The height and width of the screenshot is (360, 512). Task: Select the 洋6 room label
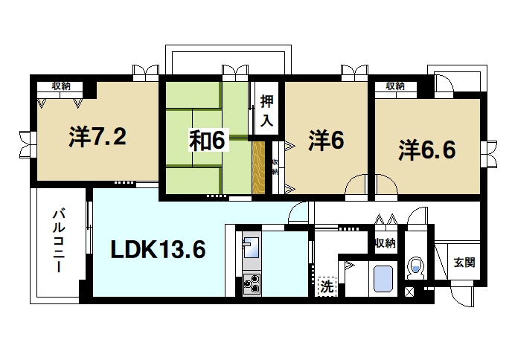(326, 141)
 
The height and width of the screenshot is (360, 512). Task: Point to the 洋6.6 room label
(426, 149)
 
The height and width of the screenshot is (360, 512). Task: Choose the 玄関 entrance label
(464, 263)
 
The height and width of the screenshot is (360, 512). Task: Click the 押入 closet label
(266, 109)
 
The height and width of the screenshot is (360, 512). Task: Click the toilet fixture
(415, 266)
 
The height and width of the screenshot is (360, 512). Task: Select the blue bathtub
(382, 279)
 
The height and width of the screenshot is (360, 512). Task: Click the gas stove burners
(251, 283)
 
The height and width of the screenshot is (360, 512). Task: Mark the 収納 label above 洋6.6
(395, 86)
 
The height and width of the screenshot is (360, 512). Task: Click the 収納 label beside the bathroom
(385, 244)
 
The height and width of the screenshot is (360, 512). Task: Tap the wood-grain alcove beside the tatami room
(259, 167)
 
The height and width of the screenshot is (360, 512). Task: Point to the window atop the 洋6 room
(354, 73)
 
